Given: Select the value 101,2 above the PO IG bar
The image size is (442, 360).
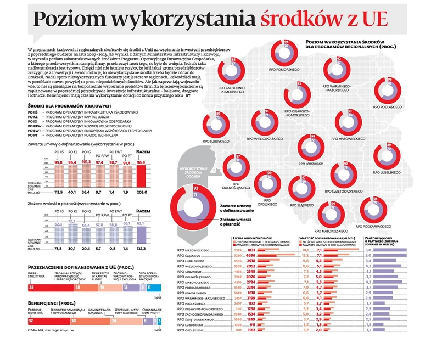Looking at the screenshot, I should coord(87,162).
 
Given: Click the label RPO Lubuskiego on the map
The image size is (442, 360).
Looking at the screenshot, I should coord(219,142).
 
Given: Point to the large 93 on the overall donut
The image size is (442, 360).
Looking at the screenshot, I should coord(196,188).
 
